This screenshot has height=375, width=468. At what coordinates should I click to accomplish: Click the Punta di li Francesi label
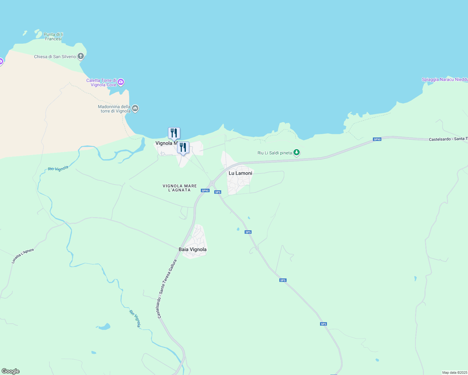pos(53,37)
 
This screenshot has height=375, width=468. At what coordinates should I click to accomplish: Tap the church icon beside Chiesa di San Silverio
pos(81,56)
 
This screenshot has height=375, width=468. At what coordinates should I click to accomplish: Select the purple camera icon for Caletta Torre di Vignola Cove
pos(121,82)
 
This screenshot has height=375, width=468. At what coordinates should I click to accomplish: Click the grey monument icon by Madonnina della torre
pos(135,108)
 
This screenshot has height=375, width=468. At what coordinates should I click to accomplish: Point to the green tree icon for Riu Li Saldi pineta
pos(297,152)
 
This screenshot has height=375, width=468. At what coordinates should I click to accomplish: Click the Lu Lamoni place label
pos(240,173)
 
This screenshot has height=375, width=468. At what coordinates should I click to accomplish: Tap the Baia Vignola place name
pos(192,249)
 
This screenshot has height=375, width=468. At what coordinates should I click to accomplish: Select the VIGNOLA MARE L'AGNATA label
pos(180,188)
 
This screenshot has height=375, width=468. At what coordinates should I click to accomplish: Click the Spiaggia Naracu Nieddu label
pos(445,79)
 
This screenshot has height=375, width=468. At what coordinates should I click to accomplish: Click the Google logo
pos(10,371)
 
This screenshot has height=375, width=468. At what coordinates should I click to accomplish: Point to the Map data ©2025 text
pos(454,372)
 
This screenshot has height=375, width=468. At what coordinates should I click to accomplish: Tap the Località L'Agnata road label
pos(23,256)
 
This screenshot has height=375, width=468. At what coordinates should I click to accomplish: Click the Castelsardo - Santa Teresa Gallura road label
pos(167,289)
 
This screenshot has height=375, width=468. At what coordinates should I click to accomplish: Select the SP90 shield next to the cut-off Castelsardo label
pos(377,139)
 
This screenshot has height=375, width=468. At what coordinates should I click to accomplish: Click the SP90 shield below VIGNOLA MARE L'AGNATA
pos(205,191)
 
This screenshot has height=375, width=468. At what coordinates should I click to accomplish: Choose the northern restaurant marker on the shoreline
pos(174,133)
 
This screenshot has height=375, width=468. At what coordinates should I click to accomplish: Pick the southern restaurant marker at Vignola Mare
pos(183,147)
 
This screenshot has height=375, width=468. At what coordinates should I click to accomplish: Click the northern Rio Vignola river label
pos(58,169)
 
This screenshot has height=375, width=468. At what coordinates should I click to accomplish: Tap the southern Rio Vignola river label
pos(135,318)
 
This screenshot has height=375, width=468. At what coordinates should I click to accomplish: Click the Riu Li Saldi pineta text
pos(274,153)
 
